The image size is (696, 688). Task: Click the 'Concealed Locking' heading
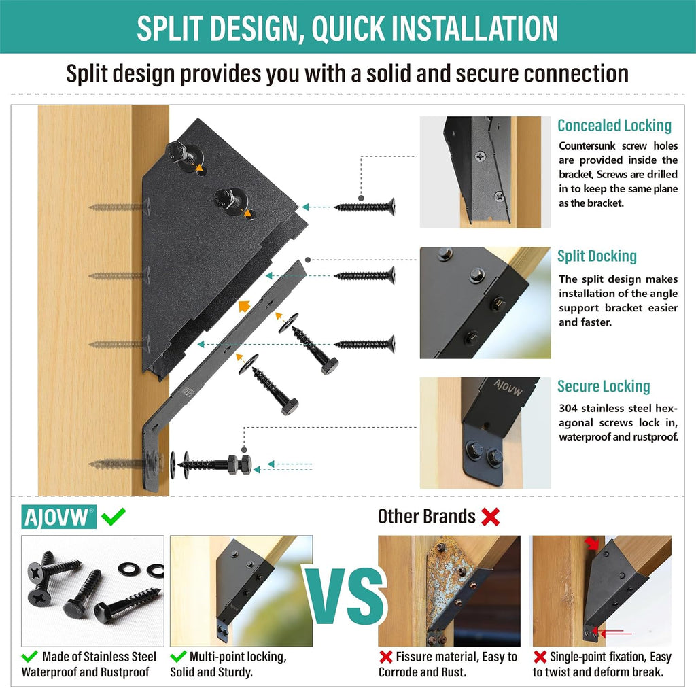(614, 126)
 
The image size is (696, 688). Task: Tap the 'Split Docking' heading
(597, 256)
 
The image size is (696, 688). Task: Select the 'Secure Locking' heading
(604, 386)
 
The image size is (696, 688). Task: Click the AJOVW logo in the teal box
(58, 517)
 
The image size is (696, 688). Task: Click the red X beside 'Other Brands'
(491, 517)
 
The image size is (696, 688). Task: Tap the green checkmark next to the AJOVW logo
(114, 516)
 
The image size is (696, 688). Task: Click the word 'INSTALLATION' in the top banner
(475, 28)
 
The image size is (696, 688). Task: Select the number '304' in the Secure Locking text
(568, 408)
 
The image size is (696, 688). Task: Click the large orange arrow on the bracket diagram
(244, 305)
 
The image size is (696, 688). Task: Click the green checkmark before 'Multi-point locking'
(178, 656)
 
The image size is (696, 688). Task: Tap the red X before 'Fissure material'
(386, 657)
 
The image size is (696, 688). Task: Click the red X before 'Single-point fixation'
(540, 657)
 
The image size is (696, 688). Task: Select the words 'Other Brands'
(427, 516)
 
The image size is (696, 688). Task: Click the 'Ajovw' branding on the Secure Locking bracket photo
(508, 387)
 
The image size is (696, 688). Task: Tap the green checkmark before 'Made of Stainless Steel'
(30, 656)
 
